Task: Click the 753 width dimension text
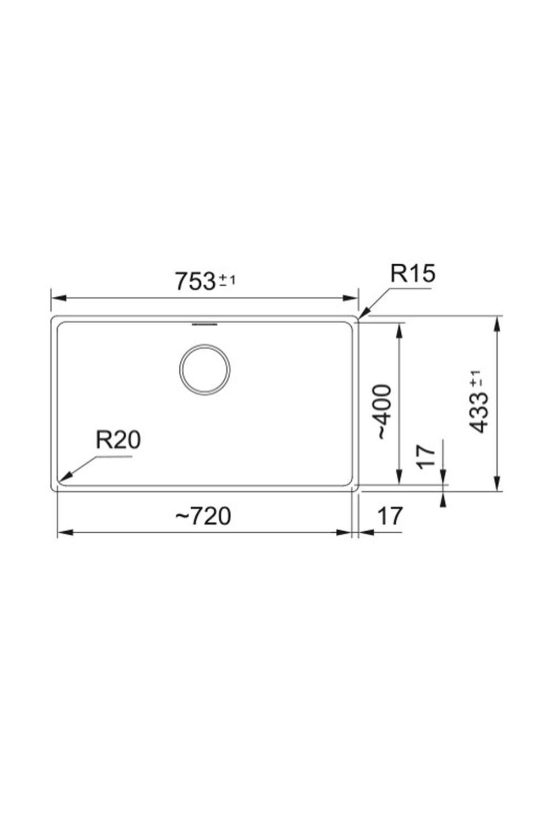(195, 281)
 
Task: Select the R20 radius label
(118, 440)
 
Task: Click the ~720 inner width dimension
(204, 517)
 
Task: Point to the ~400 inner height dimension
(383, 411)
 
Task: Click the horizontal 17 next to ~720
(390, 517)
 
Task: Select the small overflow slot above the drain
(205, 324)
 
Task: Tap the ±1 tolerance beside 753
(227, 280)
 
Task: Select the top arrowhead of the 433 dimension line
(497, 321)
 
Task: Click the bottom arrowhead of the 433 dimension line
(497, 486)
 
